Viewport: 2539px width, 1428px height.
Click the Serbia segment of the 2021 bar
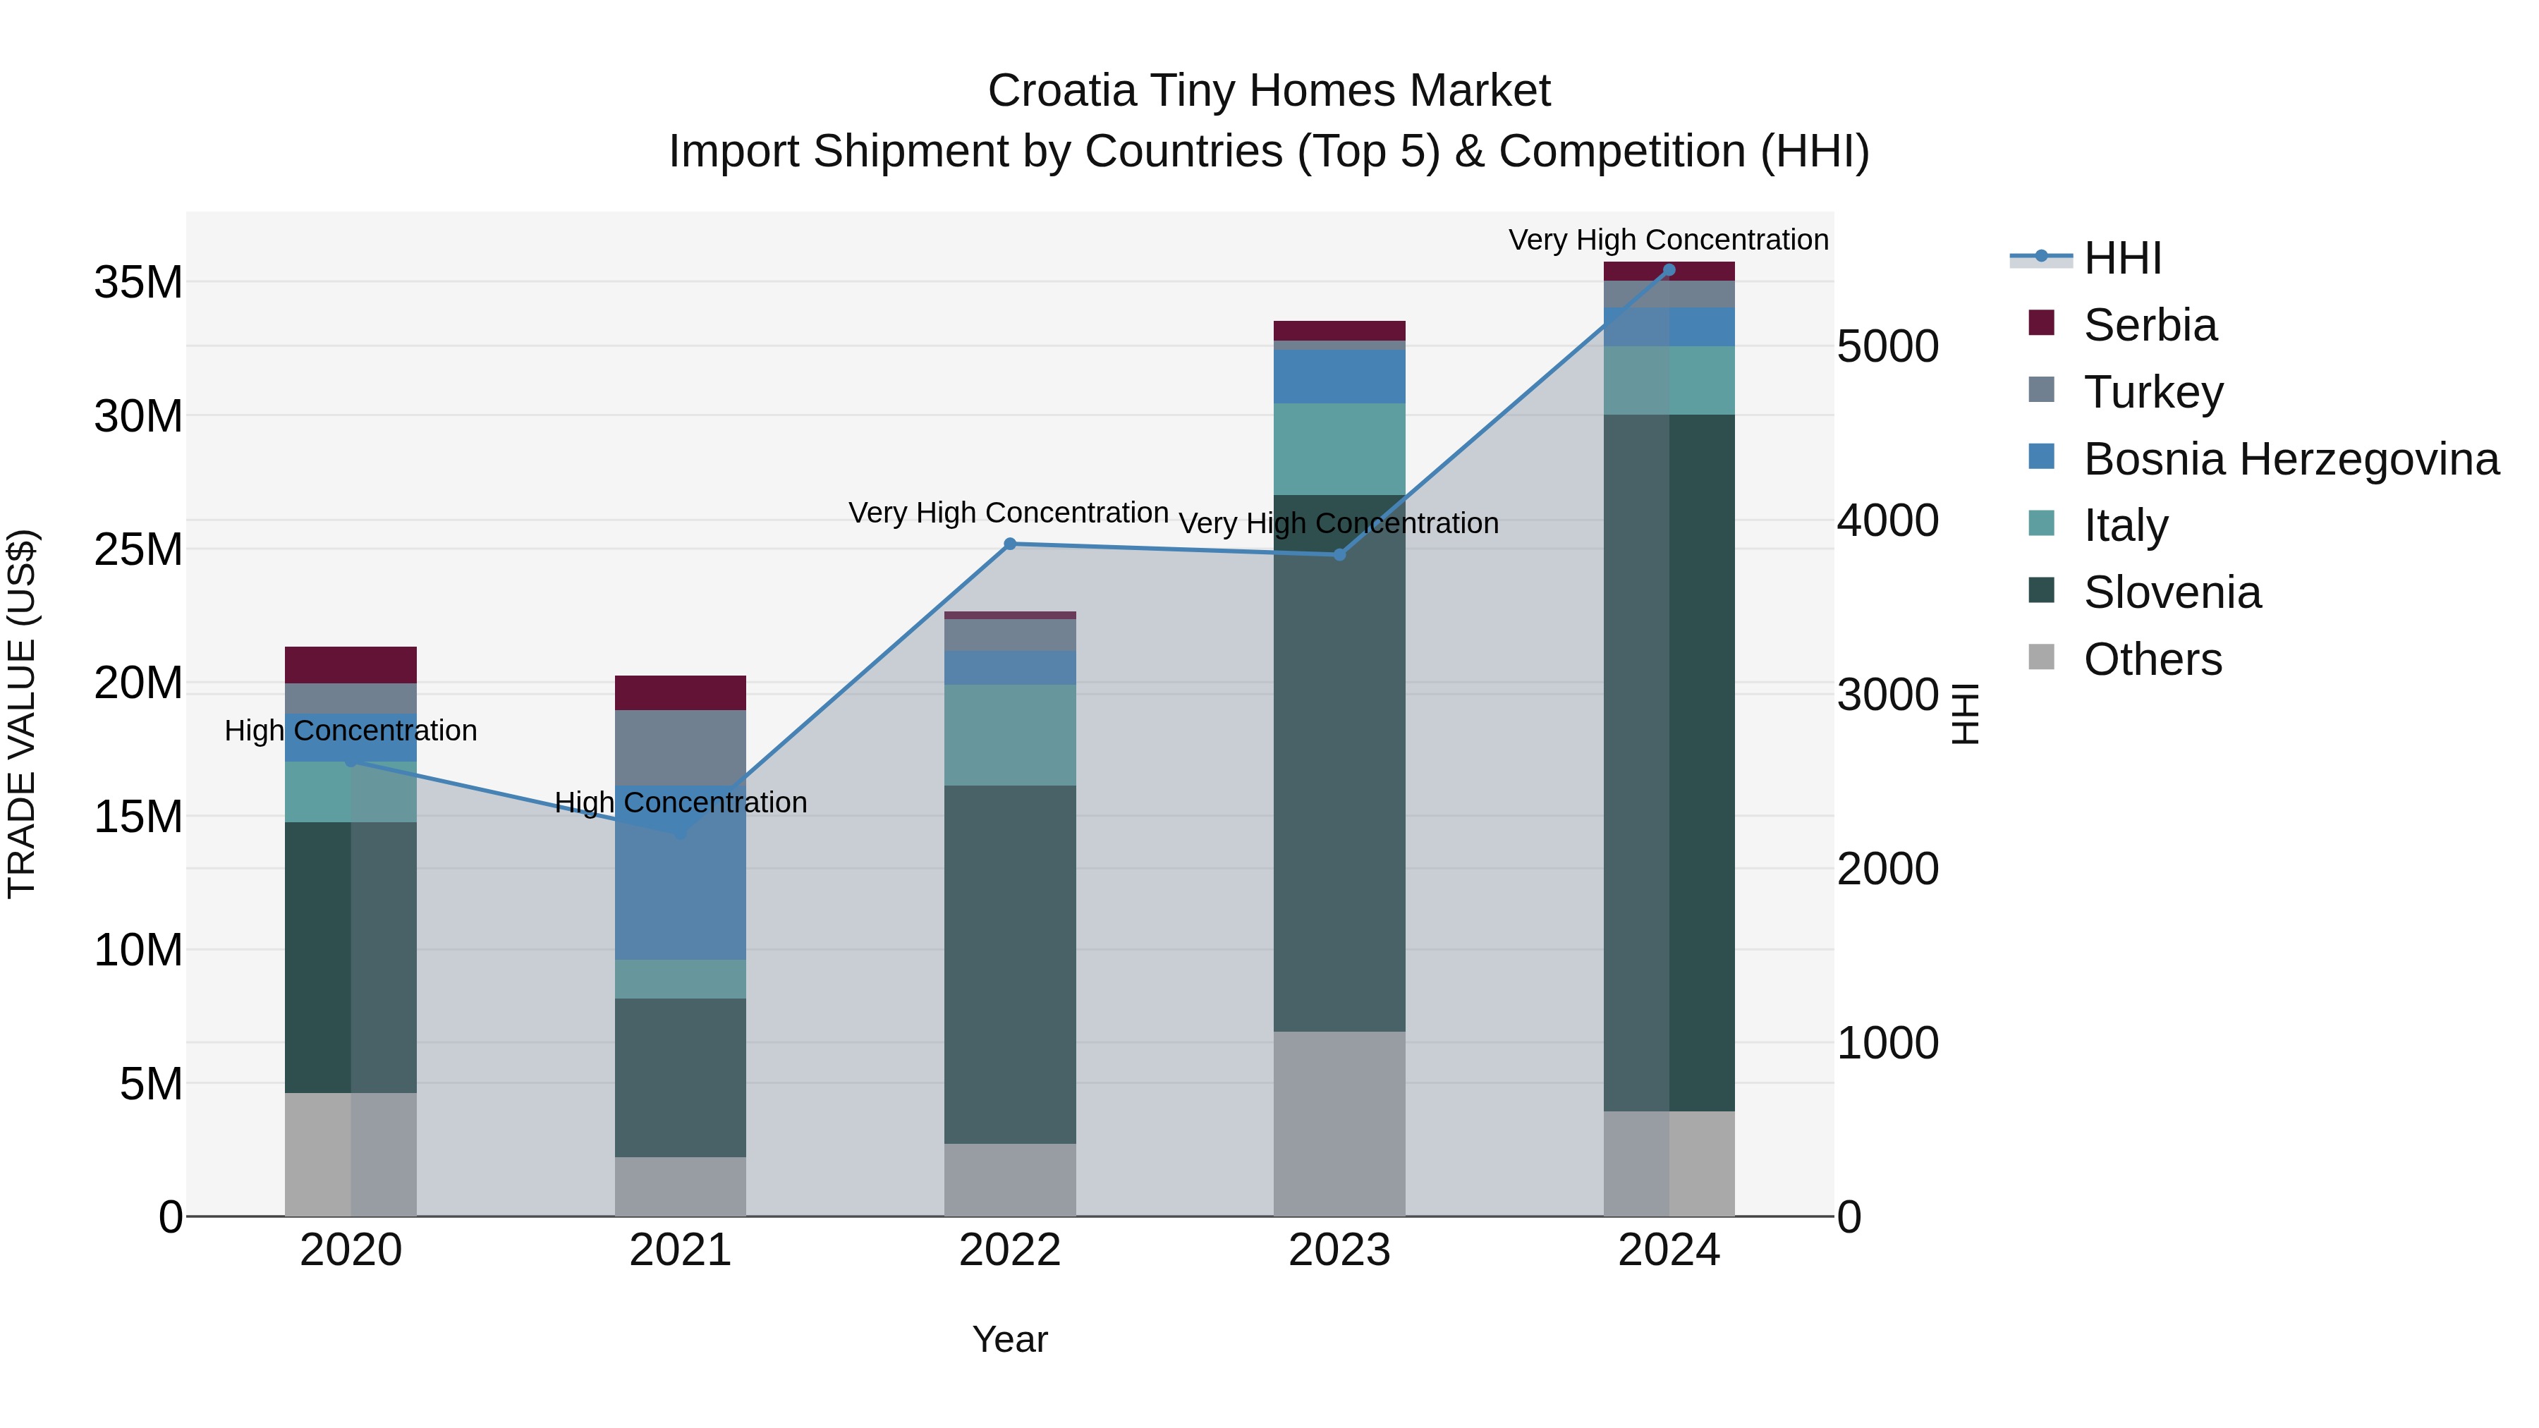[680, 692]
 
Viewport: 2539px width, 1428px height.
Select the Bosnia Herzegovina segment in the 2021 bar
[680, 887]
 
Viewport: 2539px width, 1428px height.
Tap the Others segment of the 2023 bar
[1339, 1123]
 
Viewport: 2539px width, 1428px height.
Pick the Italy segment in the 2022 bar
[1009, 734]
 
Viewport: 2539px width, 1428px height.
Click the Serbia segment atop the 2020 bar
[351, 664]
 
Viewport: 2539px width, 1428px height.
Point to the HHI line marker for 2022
[1009, 544]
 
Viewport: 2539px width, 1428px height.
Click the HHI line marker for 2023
[1339, 555]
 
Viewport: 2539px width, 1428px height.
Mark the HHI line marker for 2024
[1669, 270]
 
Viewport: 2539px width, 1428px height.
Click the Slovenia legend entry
[2172, 592]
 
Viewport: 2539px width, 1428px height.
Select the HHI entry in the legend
[2122, 258]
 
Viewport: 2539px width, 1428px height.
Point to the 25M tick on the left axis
[138, 549]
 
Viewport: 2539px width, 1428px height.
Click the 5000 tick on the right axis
[1887, 346]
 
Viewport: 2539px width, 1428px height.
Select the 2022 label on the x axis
[1009, 1250]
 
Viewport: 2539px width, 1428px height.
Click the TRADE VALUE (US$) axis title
[22, 714]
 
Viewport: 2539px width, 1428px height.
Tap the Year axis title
[1009, 1339]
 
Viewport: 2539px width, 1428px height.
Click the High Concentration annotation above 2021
[680, 803]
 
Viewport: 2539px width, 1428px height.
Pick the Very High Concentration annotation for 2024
[1668, 240]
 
